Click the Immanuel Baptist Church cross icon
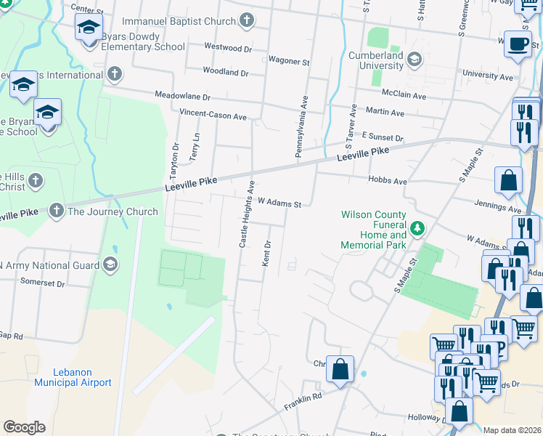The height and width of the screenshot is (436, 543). (247, 20)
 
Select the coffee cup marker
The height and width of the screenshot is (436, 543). (517, 44)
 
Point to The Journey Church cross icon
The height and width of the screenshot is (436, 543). (56, 211)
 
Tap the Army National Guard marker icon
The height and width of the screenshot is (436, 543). (110, 264)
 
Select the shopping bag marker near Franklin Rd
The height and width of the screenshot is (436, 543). (340, 369)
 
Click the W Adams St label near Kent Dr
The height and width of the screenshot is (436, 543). (279, 204)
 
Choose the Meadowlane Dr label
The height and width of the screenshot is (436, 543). (182, 96)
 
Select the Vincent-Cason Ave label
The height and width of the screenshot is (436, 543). (213, 116)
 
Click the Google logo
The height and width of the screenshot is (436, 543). (24, 427)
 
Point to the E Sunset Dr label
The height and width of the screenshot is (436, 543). (382, 137)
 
